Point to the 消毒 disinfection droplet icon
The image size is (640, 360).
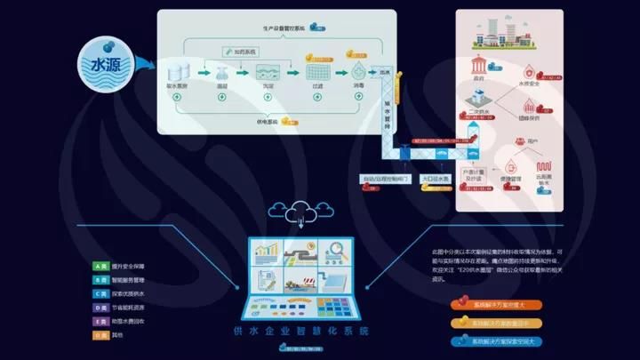[x=359, y=70]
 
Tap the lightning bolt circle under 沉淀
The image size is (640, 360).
[x=265, y=97]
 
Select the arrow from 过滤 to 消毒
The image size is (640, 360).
[x=340, y=71]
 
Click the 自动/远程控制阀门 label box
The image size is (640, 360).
[x=385, y=179]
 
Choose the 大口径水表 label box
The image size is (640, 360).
[x=438, y=179]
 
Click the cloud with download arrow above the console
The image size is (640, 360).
[x=304, y=213]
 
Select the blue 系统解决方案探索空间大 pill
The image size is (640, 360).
[x=498, y=341]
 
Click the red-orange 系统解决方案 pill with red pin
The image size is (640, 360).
[x=498, y=305]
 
